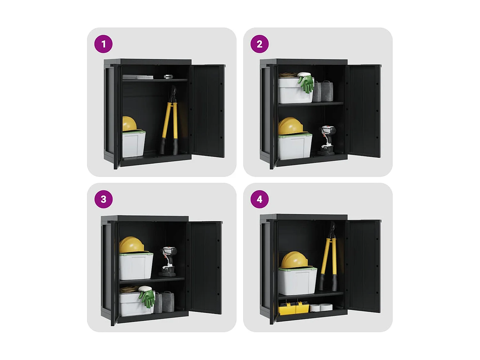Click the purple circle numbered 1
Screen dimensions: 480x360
103,44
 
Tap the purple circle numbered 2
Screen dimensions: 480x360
260,44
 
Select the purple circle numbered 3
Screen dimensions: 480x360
103,199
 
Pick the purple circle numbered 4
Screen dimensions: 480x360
260,199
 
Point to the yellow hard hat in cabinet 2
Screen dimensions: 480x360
291,126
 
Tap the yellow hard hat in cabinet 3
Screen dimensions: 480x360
132,244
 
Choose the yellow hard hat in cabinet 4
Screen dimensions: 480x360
295,260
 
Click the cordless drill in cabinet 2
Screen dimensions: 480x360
327,140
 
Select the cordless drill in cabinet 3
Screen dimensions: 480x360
168,261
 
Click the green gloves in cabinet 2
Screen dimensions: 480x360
306,83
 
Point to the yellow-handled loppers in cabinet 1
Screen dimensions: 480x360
170,120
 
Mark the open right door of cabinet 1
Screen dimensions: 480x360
209,111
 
